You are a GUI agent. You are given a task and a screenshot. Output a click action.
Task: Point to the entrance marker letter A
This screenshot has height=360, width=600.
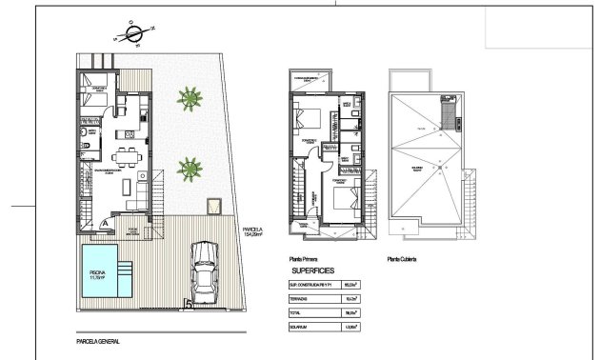[104, 221]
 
